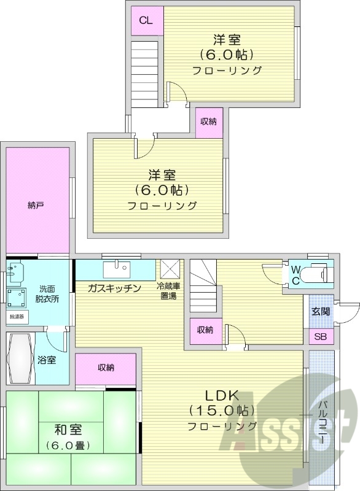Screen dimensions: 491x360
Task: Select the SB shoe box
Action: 321,337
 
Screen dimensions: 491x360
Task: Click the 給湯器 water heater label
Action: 17,317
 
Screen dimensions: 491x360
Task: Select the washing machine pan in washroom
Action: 18,300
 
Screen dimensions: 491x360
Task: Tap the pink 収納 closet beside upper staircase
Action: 208,122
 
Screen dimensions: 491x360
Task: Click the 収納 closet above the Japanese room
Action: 106,368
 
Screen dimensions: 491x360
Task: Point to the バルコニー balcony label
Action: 322,423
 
